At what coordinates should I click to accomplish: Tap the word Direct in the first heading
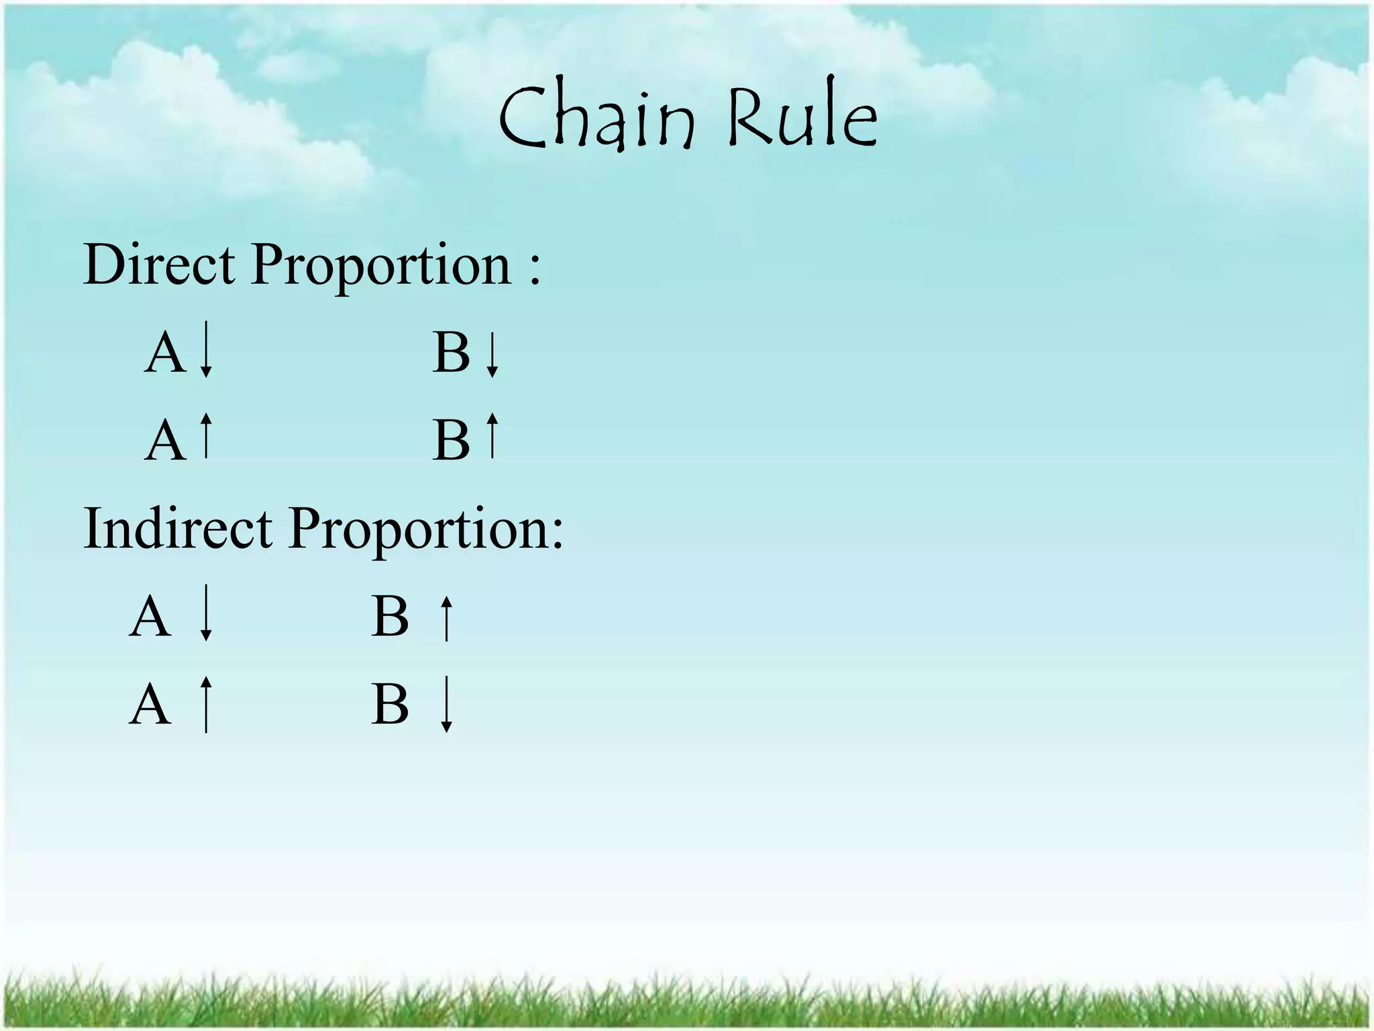tap(159, 265)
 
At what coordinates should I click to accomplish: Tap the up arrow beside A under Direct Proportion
tap(207, 436)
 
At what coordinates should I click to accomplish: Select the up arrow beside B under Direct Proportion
tap(492, 436)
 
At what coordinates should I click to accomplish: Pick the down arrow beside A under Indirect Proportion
tap(207, 612)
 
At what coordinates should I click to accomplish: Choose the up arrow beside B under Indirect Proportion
tap(446, 618)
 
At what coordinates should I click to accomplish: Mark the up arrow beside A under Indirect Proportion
tap(207, 704)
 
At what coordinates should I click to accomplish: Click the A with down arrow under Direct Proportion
tap(165, 354)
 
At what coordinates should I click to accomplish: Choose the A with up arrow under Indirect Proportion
tap(150, 705)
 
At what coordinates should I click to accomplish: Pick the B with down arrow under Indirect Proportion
tap(390, 705)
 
